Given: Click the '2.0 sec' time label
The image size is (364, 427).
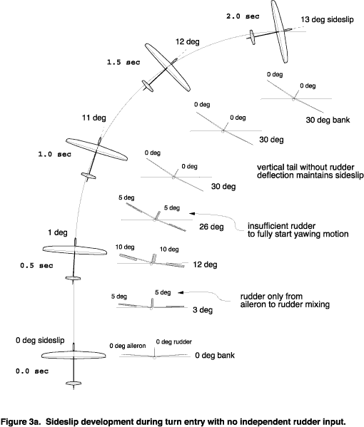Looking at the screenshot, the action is click(x=243, y=16).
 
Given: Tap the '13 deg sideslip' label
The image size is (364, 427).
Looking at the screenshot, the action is click(x=327, y=20).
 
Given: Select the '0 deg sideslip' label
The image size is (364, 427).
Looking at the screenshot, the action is click(x=40, y=340).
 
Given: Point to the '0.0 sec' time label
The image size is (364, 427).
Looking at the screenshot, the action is click(x=32, y=371).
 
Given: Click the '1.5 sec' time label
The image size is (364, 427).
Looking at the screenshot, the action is click(x=123, y=62).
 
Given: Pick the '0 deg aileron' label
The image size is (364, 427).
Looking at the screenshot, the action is click(x=128, y=346).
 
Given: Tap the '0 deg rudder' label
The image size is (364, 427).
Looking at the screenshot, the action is click(x=174, y=341).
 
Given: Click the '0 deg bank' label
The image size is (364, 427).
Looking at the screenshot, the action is click(x=215, y=356).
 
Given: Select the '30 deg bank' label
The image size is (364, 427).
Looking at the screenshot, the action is click(x=328, y=120).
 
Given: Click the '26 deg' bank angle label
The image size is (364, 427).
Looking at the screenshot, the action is click(x=211, y=227).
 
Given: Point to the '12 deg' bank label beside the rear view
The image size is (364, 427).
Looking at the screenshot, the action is click(x=205, y=264).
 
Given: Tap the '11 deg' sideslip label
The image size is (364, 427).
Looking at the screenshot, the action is click(x=93, y=118).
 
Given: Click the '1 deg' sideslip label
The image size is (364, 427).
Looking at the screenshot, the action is click(x=58, y=232).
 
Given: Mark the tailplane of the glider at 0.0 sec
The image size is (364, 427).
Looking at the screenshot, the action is click(x=74, y=384).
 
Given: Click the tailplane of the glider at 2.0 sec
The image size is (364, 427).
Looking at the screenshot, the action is click(x=253, y=37).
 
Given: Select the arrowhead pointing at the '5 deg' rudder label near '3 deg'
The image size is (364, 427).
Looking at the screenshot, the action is click(x=181, y=292).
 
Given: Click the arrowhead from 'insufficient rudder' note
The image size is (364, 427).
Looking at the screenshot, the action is click(x=192, y=214).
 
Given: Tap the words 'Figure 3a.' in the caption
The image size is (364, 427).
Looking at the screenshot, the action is click(x=21, y=421).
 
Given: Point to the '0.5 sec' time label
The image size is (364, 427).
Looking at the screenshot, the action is click(x=36, y=265).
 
